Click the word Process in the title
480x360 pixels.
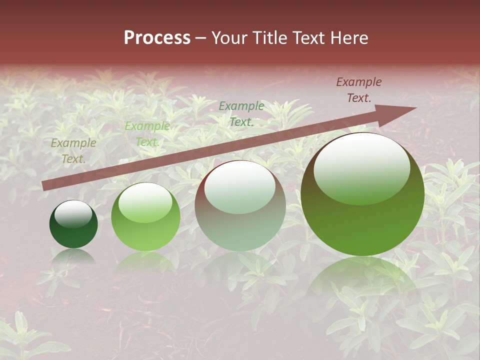pos(157,38)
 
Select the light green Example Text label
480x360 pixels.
pos(147,134)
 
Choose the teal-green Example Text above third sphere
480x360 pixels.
pos(241,113)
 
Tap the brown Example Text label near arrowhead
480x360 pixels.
pos(358,90)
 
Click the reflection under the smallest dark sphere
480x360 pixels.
pos(73,256)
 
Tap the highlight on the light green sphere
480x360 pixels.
pos(145,202)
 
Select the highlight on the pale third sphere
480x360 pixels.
pos(240,187)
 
